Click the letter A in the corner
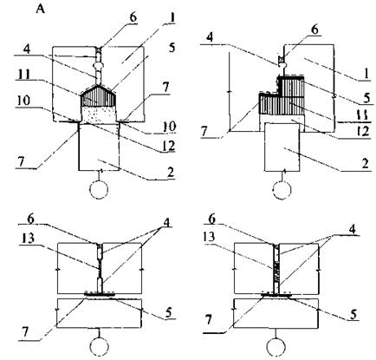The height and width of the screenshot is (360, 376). [x=41, y=10]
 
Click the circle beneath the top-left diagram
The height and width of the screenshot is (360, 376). [x=99, y=189]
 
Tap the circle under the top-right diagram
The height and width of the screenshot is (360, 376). [x=282, y=190]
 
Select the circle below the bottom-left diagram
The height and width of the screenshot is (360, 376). [x=100, y=346]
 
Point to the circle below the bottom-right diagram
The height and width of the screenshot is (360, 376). [x=276, y=346]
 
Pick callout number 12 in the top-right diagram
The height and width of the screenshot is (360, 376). [x=363, y=132]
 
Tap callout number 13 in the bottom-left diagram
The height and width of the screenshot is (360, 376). [x=28, y=239]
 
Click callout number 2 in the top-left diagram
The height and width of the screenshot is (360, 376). [x=171, y=173]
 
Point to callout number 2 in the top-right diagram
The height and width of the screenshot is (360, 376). [x=366, y=164]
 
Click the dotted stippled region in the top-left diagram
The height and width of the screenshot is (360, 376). [x=99, y=114]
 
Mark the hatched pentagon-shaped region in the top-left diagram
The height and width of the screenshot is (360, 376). [x=99, y=96]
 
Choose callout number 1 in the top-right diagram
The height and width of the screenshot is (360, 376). [x=366, y=74]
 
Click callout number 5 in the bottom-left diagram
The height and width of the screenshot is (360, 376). [x=168, y=312]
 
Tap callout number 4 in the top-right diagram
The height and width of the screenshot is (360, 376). [x=211, y=38]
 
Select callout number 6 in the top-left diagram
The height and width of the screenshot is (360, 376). [x=133, y=17]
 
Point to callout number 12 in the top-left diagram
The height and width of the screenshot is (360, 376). [x=169, y=146]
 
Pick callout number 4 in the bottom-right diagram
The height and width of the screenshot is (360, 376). [x=352, y=229]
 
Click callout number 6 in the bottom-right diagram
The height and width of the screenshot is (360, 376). [x=212, y=219]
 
